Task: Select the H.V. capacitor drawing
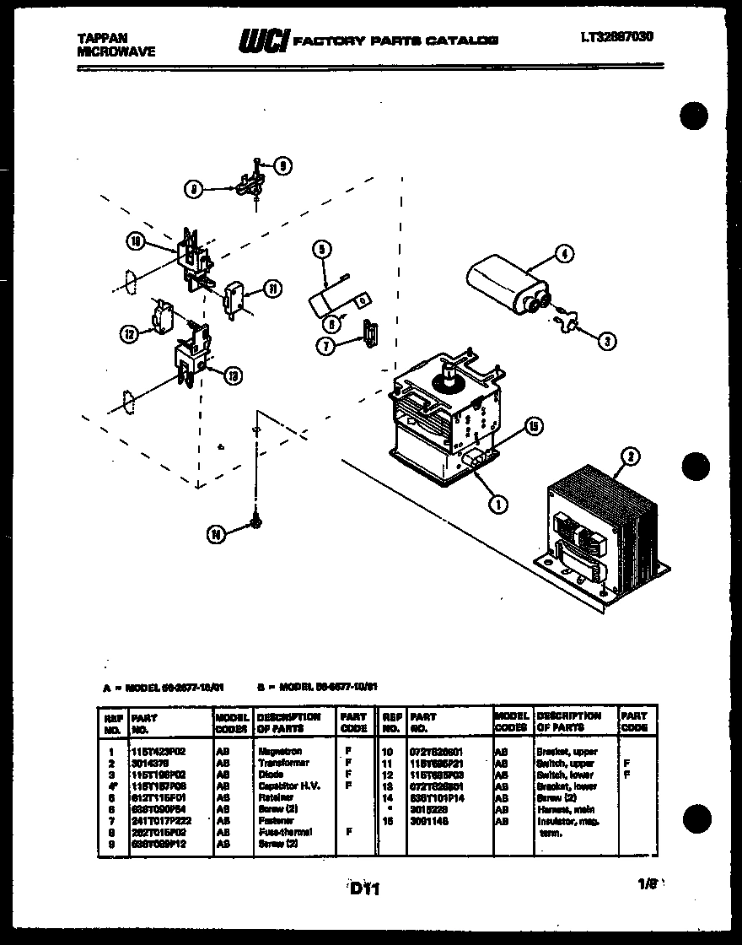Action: [507, 284]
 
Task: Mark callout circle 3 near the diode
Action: [606, 341]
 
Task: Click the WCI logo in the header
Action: [264, 40]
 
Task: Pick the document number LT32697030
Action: [616, 37]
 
